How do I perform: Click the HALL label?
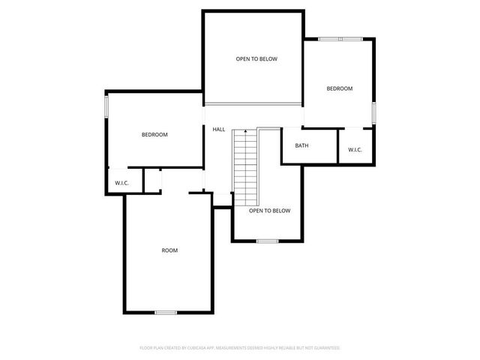tap(219, 130)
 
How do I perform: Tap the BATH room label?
tap(301, 145)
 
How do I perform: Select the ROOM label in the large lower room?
tap(169, 250)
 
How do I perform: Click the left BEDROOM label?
tap(154, 135)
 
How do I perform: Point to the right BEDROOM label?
tap(339, 88)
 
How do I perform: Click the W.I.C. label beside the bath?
tap(355, 150)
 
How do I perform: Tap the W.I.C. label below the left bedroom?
tap(121, 183)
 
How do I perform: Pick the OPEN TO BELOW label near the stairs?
tap(269, 211)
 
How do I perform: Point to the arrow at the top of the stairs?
tap(245, 132)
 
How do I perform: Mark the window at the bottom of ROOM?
tap(166, 311)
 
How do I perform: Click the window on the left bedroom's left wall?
tap(106, 106)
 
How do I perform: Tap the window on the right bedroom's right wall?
tap(373, 112)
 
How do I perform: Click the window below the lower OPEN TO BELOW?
tap(267, 241)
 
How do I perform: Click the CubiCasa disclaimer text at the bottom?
tap(240, 348)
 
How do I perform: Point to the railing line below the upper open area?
tap(253, 102)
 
